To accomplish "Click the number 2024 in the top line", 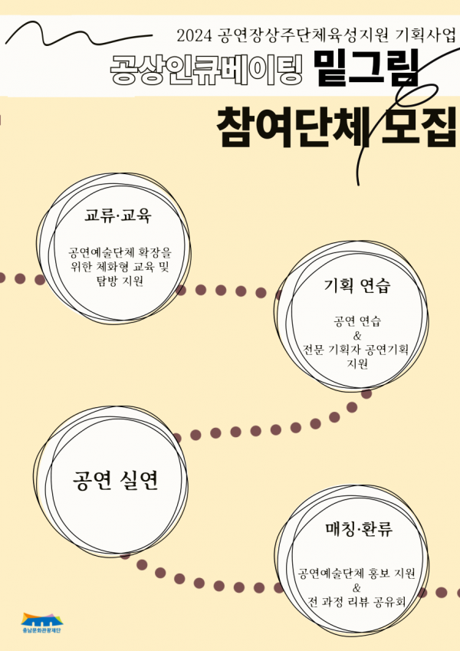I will tap(195, 35).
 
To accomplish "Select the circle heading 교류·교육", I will tap(118, 215).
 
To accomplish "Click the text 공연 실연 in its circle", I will tap(116, 481).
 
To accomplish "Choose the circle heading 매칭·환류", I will tap(358, 529).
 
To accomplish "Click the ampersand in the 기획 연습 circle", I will tap(356, 334).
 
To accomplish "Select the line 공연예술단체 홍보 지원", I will tap(356, 573).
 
